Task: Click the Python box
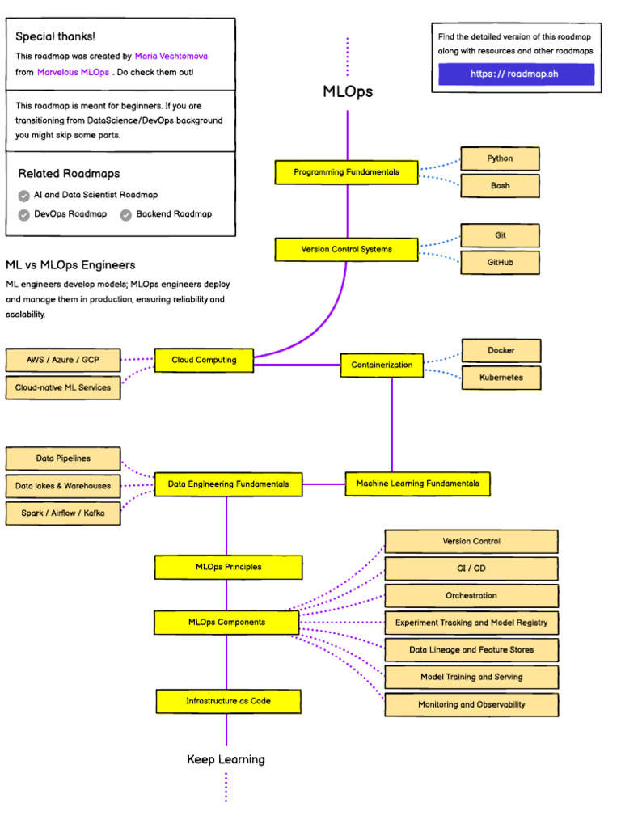coord(500,158)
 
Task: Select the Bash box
coord(500,186)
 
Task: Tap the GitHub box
coord(500,262)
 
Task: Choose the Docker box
coord(501,350)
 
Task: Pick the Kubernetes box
coord(501,378)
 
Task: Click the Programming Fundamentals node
coord(346,172)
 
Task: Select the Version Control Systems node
coord(346,250)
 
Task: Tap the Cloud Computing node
coord(204,360)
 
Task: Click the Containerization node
coord(382,365)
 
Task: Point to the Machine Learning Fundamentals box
coord(417,484)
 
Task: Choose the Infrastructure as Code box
coord(228,701)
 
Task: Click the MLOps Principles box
coord(228,567)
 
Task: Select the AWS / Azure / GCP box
coord(62,360)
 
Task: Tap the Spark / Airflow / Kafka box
coord(62,513)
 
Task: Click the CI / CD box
coord(471,568)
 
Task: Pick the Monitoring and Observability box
coord(471,704)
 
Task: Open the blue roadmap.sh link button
coord(516,74)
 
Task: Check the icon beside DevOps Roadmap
coord(23,214)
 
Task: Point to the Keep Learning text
coord(226,759)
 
